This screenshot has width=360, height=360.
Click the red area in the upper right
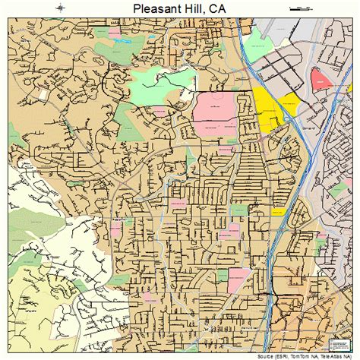319,78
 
